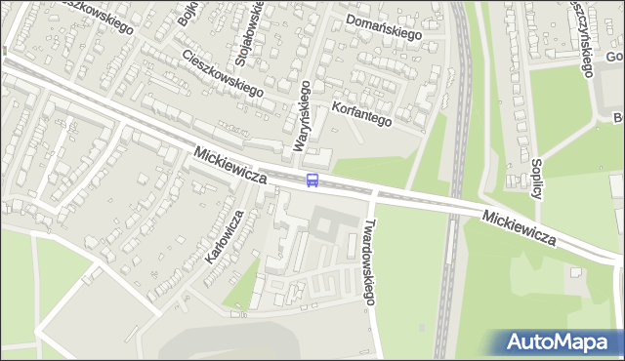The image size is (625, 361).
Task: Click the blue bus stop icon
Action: coord(312,180)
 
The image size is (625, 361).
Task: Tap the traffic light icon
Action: coord(5,50)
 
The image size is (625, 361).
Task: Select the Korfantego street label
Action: coord(361,114)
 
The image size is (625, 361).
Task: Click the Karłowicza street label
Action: coord(224,237)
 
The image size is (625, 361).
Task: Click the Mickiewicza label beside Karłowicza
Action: coord(230,166)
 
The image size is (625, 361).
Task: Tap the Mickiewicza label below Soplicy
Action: coord(519,225)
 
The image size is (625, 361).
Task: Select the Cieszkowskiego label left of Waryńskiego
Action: coord(223,73)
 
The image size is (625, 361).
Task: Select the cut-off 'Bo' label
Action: coord(617,118)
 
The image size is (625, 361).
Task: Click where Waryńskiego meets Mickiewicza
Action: coord(300,176)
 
